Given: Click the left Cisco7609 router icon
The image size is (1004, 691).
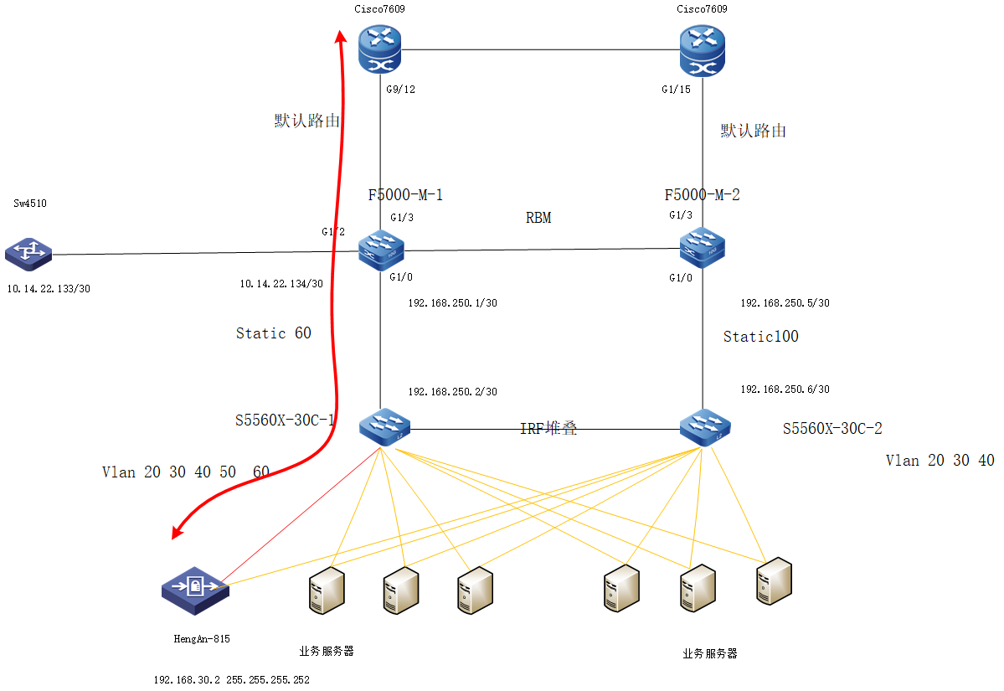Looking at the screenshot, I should pyautogui.click(x=380, y=49).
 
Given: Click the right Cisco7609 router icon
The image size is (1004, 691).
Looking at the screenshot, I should pyautogui.click(x=703, y=49).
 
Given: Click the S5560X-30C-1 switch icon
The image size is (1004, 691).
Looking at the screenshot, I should pyautogui.click(x=382, y=428).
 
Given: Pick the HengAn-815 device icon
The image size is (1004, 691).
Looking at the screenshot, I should pyautogui.click(x=195, y=590).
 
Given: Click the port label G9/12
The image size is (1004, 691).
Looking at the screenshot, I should pyautogui.click(x=399, y=90).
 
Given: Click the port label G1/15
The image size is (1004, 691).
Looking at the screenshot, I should pyautogui.click(x=675, y=90).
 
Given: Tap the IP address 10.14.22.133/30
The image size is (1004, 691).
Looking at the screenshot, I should pyautogui.click(x=48, y=288).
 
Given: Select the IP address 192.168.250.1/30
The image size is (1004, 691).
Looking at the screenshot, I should pyautogui.click(x=452, y=303).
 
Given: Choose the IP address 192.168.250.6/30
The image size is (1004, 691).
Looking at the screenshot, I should pyautogui.click(x=785, y=389).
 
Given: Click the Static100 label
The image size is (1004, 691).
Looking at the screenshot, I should pyautogui.click(x=760, y=337).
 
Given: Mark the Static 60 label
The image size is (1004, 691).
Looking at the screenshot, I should pyautogui.click(x=273, y=333).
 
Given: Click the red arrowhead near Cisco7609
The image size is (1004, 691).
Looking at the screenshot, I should pyautogui.click(x=342, y=37).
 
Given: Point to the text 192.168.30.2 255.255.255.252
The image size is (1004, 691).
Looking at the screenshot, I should pyautogui.click(x=231, y=680).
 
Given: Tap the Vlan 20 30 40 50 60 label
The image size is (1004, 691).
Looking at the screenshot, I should pyautogui.click(x=185, y=472).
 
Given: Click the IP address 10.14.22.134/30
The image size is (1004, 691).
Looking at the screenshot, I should pyautogui.click(x=281, y=284).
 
